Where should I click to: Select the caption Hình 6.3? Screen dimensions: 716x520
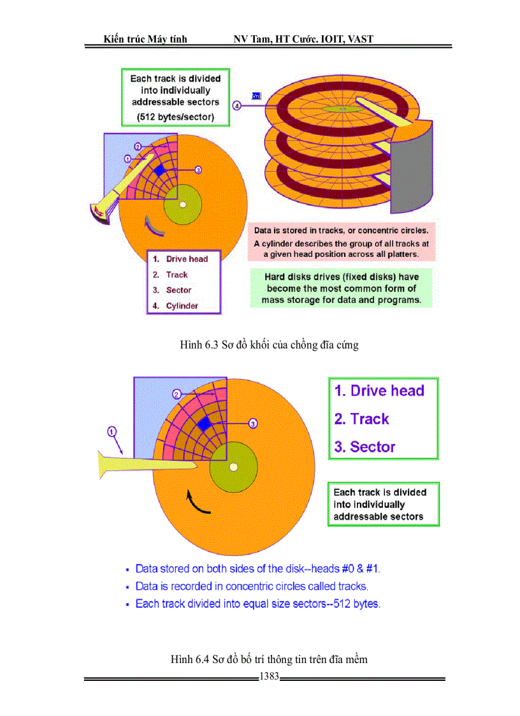[269, 345]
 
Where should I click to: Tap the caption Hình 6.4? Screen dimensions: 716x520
[268, 659]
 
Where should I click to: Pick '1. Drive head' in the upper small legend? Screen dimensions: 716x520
[180, 259]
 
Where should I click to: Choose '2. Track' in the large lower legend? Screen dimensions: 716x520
[362, 419]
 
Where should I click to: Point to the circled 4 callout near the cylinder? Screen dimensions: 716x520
[236, 106]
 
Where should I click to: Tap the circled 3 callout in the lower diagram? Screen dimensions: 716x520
[252, 423]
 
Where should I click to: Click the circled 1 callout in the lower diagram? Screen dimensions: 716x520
[112, 432]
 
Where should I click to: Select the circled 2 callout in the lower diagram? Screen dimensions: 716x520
[177, 394]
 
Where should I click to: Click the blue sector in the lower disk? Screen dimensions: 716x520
[204, 424]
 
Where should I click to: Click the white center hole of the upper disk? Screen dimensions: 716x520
[182, 205]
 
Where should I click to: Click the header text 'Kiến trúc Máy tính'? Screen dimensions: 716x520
[145, 40]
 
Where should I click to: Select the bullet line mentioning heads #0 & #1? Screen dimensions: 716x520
[257, 568]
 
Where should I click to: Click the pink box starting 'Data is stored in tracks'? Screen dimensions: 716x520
[342, 242]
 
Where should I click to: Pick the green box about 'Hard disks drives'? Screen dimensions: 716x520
[342, 288]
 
